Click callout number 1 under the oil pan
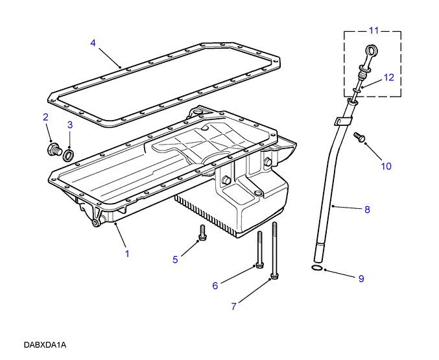[x=127, y=254]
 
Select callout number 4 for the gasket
[x=93, y=43]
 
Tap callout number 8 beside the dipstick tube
[x=367, y=210]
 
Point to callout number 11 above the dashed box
[x=374, y=30]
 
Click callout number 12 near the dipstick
[x=388, y=77]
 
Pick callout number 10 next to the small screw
[x=386, y=166]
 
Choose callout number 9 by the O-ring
[x=361, y=279]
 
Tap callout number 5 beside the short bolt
[x=175, y=259]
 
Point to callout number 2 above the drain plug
[x=45, y=117]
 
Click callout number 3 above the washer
[x=70, y=125]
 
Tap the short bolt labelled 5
[x=202, y=233]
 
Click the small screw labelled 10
[x=359, y=137]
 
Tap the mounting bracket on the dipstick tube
[x=342, y=120]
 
